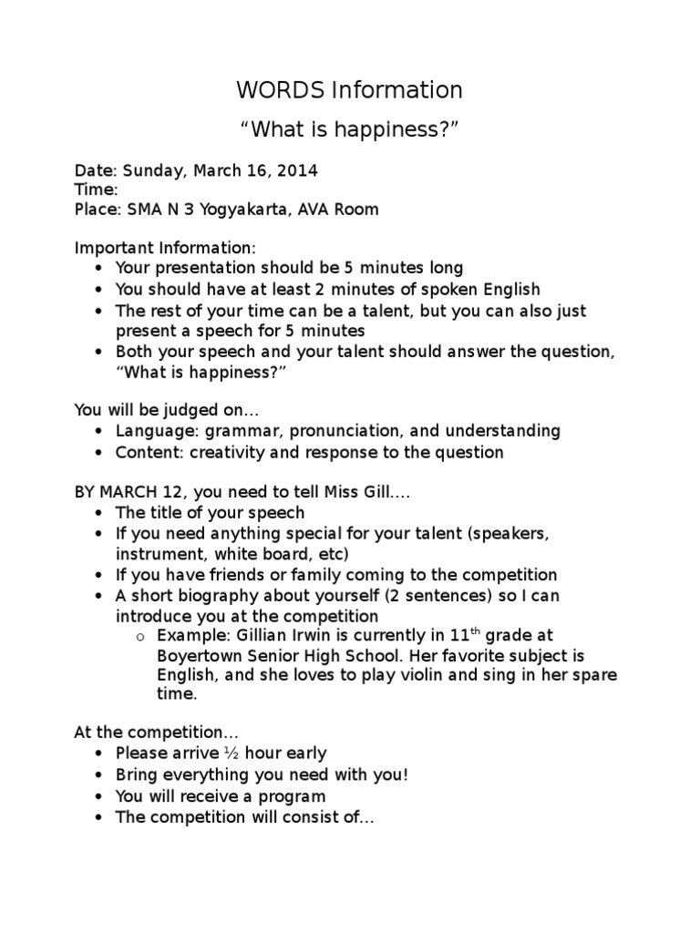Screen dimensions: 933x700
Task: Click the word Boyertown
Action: coord(201,656)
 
